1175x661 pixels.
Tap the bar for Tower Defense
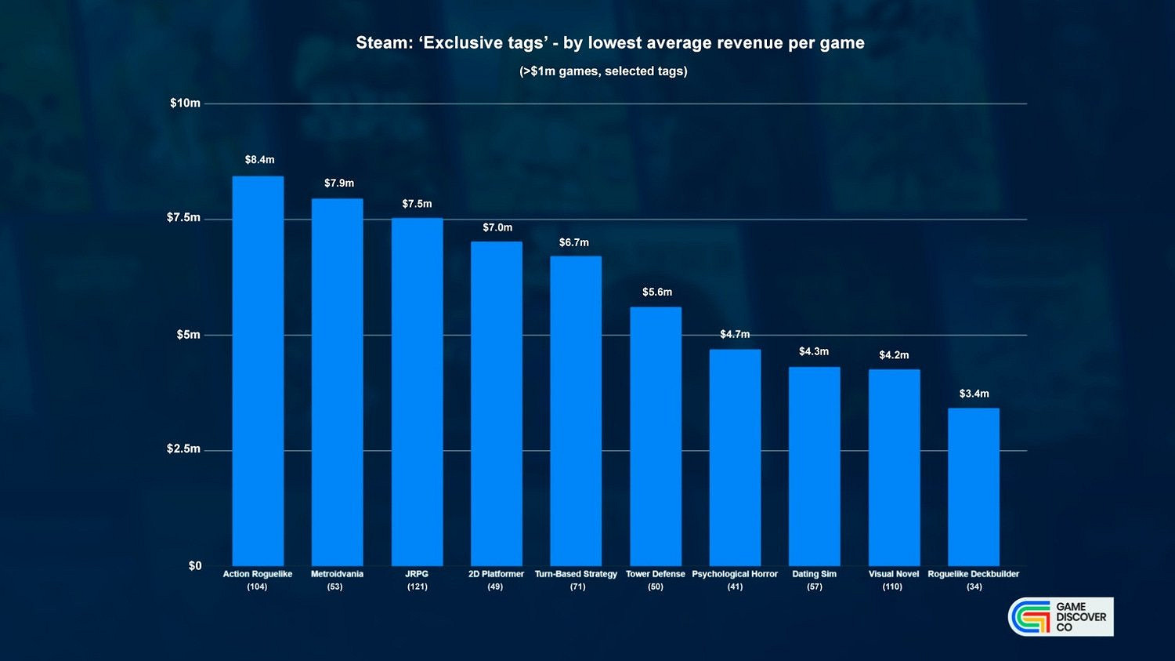(x=656, y=436)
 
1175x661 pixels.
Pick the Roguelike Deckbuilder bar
(x=974, y=486)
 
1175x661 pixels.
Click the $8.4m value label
(x=259, y=160)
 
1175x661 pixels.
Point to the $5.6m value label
(x=657, y=292)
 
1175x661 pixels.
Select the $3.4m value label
(x=974, y=394)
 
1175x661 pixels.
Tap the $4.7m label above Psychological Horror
(x=735, y=335)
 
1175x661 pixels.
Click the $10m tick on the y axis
(x=185, y=104)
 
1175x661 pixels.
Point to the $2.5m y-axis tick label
(x=183, y=449)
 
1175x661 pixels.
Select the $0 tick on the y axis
(x=194, y=566)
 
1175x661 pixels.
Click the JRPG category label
(x=417, y=574)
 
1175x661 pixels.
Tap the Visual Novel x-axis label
(x=893, y=574)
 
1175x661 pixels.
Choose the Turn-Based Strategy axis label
(x=576, y=574)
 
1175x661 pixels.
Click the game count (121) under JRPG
(x=417, y=587)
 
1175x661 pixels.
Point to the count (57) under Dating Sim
(x=814, y=587)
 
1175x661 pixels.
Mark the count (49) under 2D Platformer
(x=495, y=587)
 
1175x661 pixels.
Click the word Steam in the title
(x=383, y=43)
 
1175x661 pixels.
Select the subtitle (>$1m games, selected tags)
(x=603, y=71)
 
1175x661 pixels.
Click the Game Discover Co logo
(x=1061, y=617)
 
